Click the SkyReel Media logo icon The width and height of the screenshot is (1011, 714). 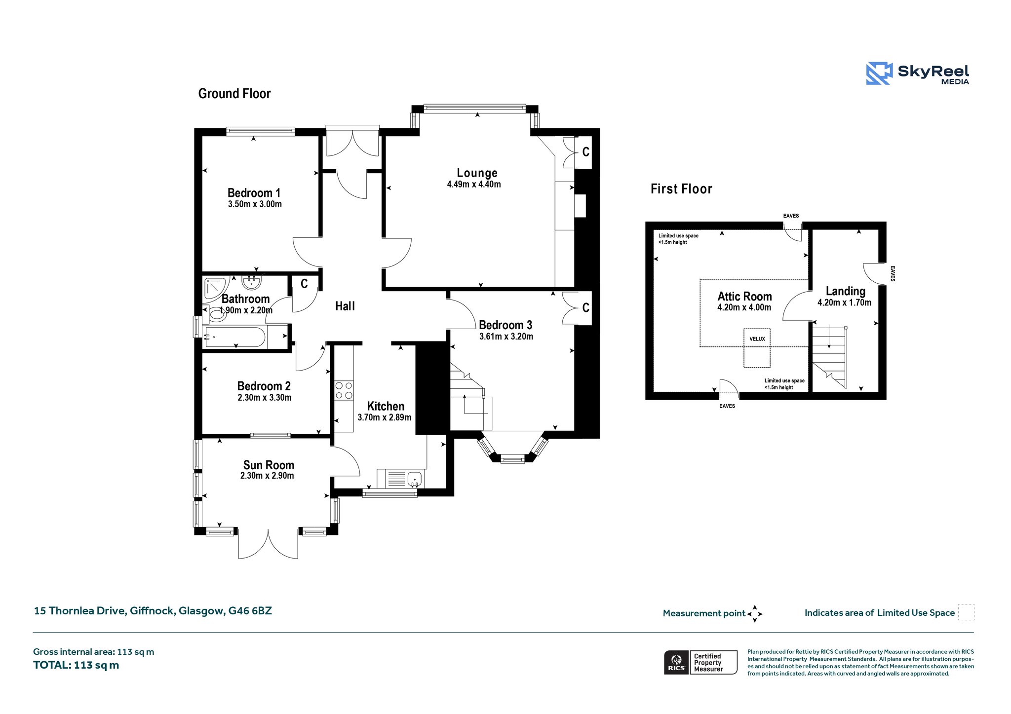pyautogui.click(x=879, y=74)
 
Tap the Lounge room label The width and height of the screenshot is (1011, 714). pyautogui.click(x=477, y=173)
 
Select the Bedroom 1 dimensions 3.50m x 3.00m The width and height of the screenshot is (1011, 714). pyautogui.click(x=255, y=204)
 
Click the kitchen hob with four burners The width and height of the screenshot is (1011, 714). pyautogui.click(x=344, y=390)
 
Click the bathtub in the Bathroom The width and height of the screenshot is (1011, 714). pyautogui.click(x=235, y=337)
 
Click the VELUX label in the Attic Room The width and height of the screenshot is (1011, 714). pyautogui.click(x=757, y=339)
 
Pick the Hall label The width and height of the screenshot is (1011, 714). pyautogui.click(x=345, y=306)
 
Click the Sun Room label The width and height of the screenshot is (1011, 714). pyautogui.click(x=269, y=465)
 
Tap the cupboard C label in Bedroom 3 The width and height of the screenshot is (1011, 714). pyautogui.click(x=586, y=308)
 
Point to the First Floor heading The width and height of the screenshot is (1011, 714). pyautogui.click(x=681, y=189)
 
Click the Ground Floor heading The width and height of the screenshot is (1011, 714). pyautogui.click(x=234, y=94)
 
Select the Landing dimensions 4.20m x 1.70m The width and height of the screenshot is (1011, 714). pyautogui.click(x=844, y=303)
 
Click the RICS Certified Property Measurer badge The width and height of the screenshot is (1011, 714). pyautogui.click(x=700, y=662)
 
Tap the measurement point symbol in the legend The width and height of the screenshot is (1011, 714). pyautogui.click(x=755, y=614)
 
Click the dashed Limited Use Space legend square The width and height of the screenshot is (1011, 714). pyautogui.click(x=966, y=612)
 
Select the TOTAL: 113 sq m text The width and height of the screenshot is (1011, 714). pyautogui.click(x=76, y=665)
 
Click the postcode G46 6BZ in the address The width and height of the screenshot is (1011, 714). pyautogui.click(x=250, y=611)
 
